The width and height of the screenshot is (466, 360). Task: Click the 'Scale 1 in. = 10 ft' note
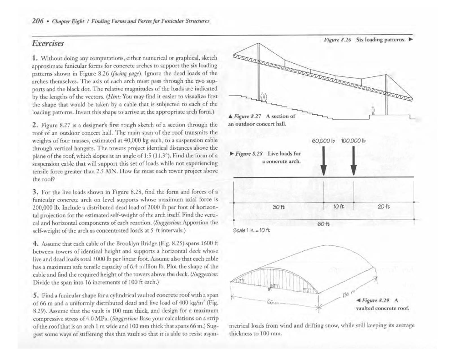252,229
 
